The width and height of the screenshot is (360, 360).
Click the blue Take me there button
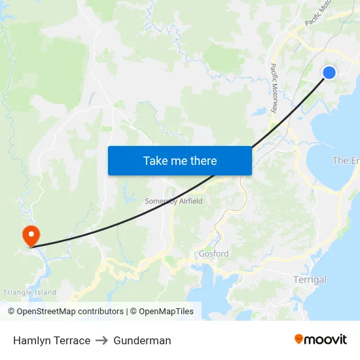pos(179,160)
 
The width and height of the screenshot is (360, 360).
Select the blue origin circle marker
pos(329,73)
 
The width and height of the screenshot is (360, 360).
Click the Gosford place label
pos(213,253)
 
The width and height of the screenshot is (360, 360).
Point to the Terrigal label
pos(309,279)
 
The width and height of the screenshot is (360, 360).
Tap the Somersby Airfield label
pos(173,201)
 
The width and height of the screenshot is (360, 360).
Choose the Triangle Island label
pos(29,293)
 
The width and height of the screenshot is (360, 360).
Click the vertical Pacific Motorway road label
pos(274,88)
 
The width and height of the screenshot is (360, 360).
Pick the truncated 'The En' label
pos(346,160)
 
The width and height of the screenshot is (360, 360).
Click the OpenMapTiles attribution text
pos(166,312)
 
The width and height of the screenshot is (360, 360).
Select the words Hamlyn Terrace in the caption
pos(52,340)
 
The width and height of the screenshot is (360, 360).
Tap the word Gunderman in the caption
pos(142,340)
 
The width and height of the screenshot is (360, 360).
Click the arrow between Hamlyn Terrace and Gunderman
pos(101,340)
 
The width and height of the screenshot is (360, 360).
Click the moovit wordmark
pos(325,339)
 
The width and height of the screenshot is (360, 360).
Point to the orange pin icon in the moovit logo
pos(299,339)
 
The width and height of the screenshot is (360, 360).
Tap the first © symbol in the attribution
pos(12,312)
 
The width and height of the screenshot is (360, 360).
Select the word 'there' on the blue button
pos(202,160)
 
